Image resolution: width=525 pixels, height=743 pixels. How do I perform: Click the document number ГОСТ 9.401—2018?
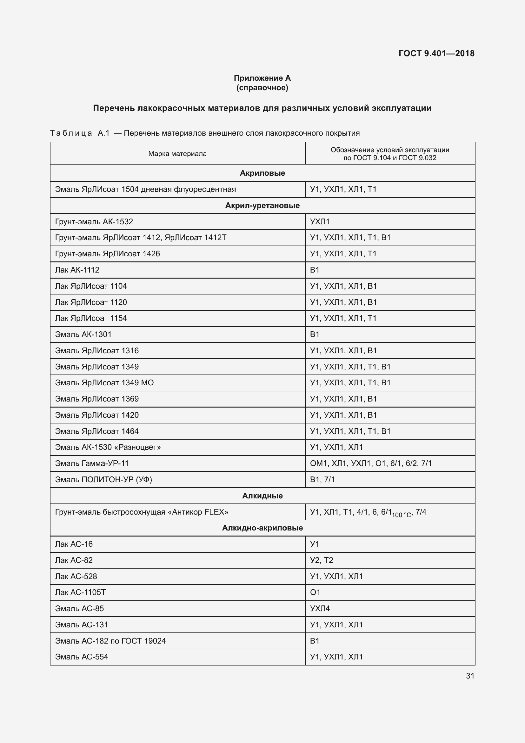436,53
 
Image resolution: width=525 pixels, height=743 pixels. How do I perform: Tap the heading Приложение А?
262,78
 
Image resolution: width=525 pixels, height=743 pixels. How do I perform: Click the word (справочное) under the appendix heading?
262,88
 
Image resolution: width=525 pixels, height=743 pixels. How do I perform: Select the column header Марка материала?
177,154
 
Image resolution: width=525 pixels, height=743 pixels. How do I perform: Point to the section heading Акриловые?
262,173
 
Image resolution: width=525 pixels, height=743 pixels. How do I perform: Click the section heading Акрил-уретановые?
262,206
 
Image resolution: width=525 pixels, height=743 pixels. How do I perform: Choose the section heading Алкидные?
262,496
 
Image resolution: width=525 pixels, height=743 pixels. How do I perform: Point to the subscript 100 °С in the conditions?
401,515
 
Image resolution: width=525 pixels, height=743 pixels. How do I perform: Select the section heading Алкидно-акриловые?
262,528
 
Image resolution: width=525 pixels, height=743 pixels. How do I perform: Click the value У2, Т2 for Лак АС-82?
321,560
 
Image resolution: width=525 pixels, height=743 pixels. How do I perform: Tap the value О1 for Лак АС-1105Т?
315,592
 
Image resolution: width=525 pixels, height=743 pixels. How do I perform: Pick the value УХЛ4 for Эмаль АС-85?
320,608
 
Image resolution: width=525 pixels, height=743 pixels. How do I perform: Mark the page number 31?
470,676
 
